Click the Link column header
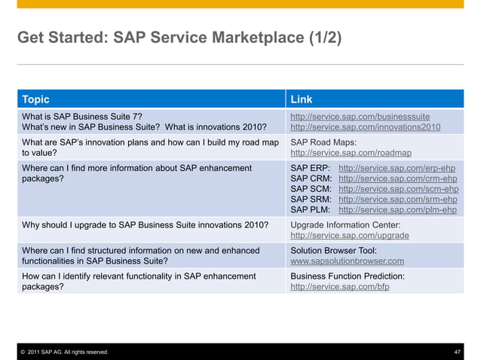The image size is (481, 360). pos(302,99)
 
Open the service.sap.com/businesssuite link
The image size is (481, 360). pos(360,117)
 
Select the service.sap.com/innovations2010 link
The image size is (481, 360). pos(365,128)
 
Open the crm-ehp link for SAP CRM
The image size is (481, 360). pos(398,178)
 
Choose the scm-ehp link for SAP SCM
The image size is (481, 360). pos(398,189)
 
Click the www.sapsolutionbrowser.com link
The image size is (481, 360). pos(348,261)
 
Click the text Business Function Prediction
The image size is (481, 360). pos(348,276)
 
